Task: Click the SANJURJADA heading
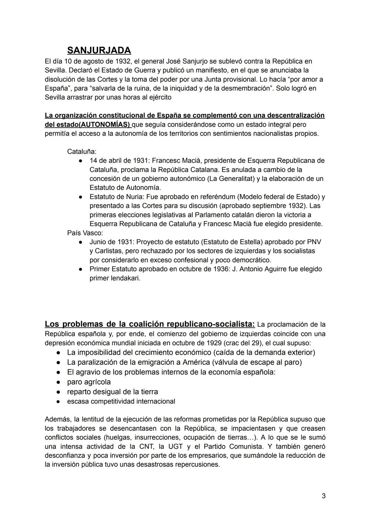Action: tap(99, 50)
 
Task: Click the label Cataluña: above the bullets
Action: tap(82, 151)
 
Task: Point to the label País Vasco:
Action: tap(85, 233)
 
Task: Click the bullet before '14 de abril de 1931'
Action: tap(80, 161)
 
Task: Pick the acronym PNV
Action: tap(314, 242)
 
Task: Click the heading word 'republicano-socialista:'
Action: tap(210, 324)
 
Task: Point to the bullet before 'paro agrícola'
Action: tap(59, 382)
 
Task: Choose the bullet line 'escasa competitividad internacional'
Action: tap(121, 401)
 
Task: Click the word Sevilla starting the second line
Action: tap(55, 70)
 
